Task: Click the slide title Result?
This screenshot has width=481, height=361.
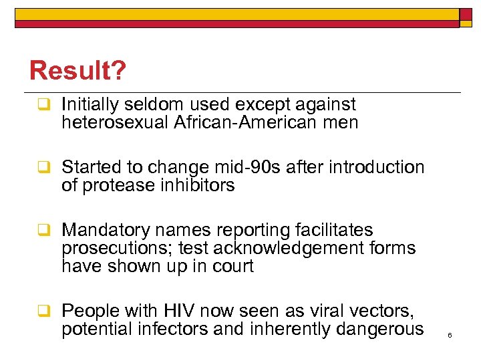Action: point(77,71)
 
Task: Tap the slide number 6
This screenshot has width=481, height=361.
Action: point(450,335)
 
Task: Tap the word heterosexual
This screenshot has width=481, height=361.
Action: point(115,123)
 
